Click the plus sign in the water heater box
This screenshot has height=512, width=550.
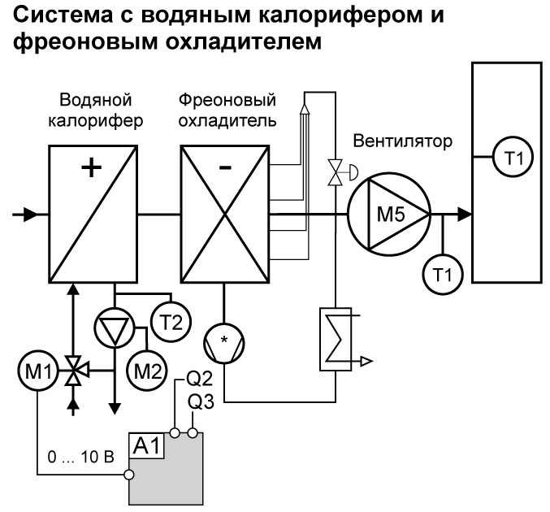(93, 168)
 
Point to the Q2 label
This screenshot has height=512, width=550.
(200, 379)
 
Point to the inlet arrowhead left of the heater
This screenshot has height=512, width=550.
(29, 215)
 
